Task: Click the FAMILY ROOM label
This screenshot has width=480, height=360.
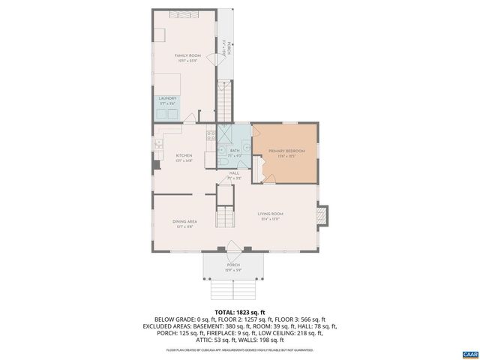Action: [187, 56]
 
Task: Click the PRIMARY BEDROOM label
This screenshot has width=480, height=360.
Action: [286, 151]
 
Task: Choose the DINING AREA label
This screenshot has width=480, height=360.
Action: [184, 221]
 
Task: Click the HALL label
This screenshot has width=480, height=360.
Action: [234, 174]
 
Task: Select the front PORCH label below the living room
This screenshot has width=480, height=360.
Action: [233, 265]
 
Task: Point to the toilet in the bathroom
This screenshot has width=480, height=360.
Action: [223, 160]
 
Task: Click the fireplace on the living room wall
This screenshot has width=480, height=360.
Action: [321, 216]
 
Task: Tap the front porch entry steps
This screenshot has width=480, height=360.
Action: [232, 289]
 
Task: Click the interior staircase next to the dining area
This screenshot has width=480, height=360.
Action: [225, 217]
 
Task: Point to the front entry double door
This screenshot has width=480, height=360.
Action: [232, 248]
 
